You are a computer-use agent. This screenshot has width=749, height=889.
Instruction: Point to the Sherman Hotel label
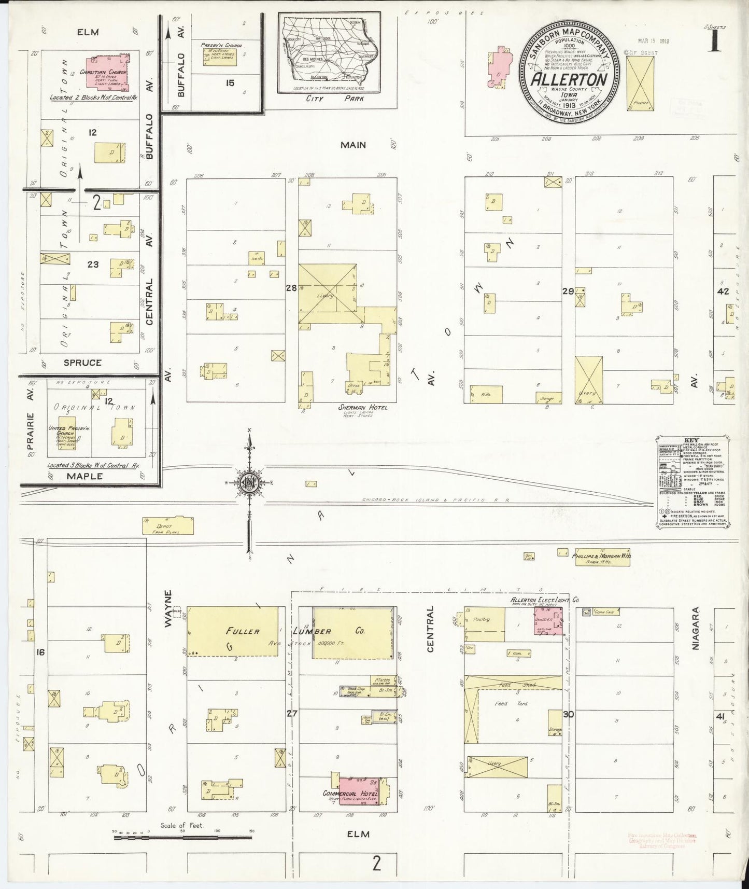(363, 408)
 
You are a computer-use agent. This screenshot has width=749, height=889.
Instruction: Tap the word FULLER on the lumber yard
(242, 631)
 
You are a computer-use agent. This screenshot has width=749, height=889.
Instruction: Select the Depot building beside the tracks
(168, 525)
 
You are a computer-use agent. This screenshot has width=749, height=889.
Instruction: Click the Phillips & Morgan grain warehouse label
(601, 555)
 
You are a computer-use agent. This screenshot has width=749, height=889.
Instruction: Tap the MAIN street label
(353, 145)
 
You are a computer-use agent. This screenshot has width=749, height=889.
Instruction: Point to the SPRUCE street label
(82, 363)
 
